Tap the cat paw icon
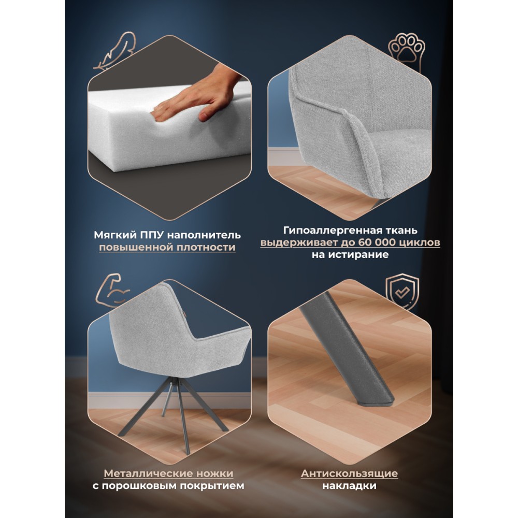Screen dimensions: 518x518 tap(407, 51)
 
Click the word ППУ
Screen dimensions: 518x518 tap(152, 235)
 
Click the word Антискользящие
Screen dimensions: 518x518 tap(349, 473)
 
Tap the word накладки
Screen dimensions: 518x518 tap(349, 486)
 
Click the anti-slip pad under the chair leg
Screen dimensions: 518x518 tap(377, 402)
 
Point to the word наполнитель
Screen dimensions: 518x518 tap(204, 235)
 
